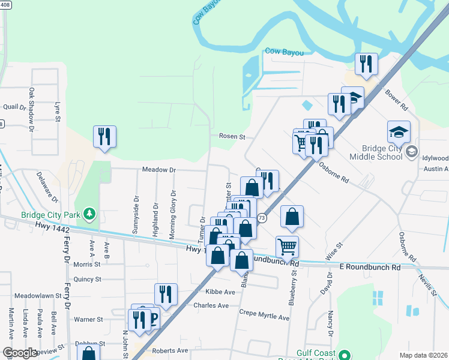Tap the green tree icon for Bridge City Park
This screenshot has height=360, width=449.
(x=89, y=213)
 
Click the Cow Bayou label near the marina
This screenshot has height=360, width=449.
(x=285, y=53)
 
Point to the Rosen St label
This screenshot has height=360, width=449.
(x=232, y=137)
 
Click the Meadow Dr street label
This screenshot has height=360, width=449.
(x=158, y=170)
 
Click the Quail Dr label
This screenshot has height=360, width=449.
(x=14, y=107)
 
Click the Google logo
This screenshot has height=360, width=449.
(x=19, y=353)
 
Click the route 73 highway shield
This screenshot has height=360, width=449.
(x=262, y=218)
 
